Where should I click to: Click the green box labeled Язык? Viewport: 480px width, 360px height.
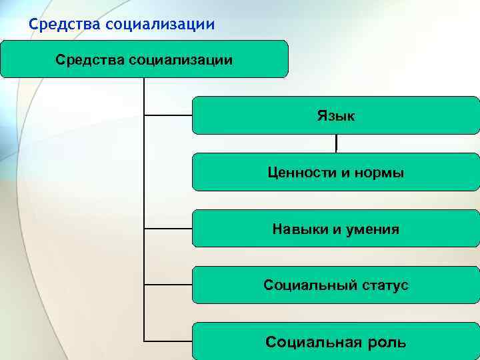tap(335, 115)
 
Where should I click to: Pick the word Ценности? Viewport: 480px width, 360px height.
tap(297, 173)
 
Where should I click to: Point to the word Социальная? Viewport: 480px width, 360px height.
tap(308, 343)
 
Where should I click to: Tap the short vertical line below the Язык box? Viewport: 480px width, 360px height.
tap(336, 143)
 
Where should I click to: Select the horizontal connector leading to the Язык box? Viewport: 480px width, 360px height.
tap(168, 115)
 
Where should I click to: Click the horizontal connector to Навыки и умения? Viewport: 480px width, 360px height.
tap(168, 229)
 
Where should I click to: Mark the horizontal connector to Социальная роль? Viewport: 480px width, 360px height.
tap(168, 342)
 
